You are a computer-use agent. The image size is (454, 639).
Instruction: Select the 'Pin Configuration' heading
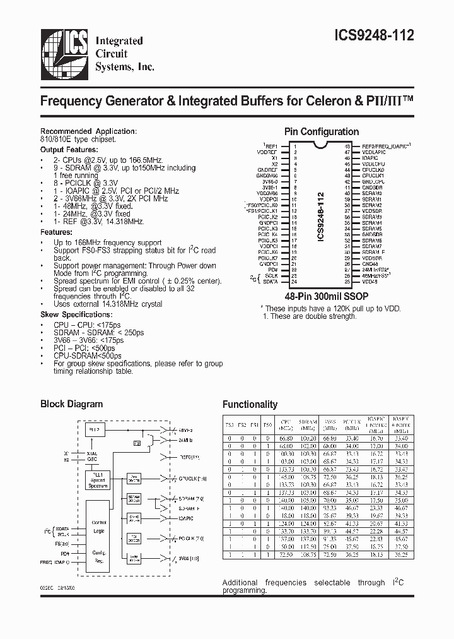[x=322, y=132]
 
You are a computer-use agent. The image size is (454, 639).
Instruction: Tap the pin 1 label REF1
[x=272, y=146]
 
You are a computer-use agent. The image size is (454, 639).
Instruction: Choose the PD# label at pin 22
[x=273, y=270]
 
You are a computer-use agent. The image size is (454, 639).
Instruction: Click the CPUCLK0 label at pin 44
[x=373, y=169]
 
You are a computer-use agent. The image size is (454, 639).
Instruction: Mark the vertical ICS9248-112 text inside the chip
[x=320, y=211]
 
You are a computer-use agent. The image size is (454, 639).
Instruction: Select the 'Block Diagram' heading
[x=71, y=404]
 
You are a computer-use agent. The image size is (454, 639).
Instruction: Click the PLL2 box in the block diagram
[x=96, y=429]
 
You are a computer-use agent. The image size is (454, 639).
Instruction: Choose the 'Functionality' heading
[x=250, y=404]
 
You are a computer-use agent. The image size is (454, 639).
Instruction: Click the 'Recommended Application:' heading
[x=88, y=131]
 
